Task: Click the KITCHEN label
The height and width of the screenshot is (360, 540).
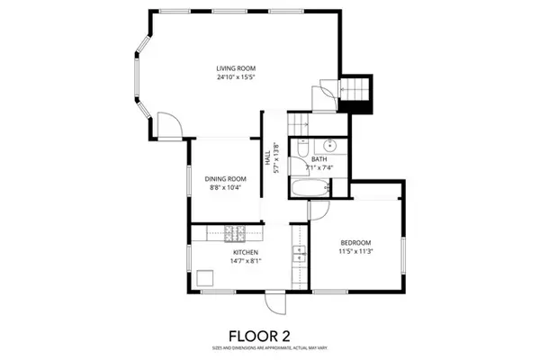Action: click(x=246, y=253)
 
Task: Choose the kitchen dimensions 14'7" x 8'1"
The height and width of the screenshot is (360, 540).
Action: click(x=246, y=262)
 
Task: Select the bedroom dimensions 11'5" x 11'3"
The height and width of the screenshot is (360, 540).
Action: click(x=356, y=253)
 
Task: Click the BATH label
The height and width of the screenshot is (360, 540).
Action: click(x=319, y=159)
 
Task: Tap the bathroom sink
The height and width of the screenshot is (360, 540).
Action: click(x=328, y=143)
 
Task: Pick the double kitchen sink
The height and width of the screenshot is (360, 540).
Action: click(x=299, y=255)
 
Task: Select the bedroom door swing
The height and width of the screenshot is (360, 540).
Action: click(x=318, y=209)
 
